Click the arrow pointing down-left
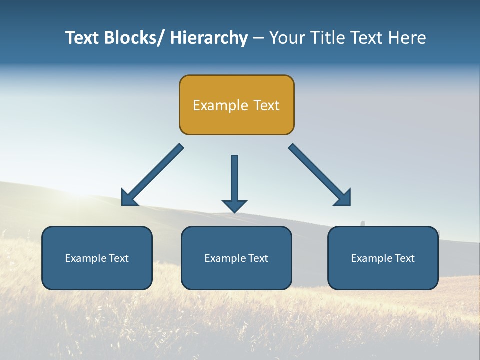pos(152,175)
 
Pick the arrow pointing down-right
pos(320,175)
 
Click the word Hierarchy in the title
pos(209,38)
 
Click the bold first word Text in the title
pos(83,38)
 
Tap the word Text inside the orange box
pos(266,105)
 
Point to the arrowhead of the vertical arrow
pos(234,206)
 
